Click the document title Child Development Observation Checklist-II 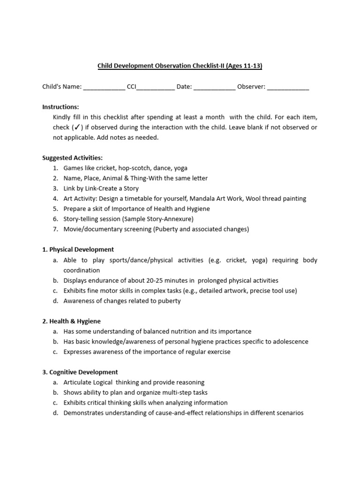(180, 66)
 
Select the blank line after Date (214, 88)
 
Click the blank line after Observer (288, 88)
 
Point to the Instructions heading (60, 107)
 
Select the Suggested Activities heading (72, 158)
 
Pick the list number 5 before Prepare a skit (55, 209)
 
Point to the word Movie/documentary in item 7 (89, 229)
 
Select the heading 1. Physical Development (78, 249)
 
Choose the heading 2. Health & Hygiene (71, 321)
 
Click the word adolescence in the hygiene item (289, 342)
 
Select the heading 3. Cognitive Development (80, 372)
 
